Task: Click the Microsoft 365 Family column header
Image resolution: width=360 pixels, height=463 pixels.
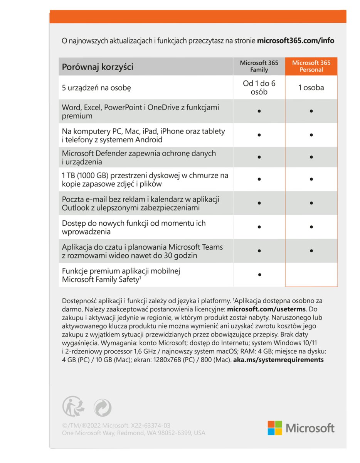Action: click(x=259, y=66)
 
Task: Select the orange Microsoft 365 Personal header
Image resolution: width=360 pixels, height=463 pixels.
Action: click(x=311, y=66)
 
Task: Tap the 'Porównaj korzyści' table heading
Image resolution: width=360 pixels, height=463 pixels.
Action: click(x=98, y=67)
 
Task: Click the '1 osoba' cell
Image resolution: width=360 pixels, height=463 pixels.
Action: click(x=311, y=88)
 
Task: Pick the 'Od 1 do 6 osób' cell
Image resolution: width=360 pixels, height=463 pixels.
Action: click(x=259, y=88)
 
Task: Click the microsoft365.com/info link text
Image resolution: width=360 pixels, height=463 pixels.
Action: click(x=296, y=41)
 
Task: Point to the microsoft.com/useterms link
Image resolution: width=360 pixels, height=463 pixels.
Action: click(x=267, y=309)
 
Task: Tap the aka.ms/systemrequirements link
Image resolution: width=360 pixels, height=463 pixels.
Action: click(x=279, y=360)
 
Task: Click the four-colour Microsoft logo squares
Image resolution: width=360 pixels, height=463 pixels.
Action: click(x=275, y=428)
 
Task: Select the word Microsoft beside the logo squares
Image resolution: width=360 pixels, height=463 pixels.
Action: click(x=310, y=428)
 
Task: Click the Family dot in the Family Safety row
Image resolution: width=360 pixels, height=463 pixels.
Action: click(x=259, y=275)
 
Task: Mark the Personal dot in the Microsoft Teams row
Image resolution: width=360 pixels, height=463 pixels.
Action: click(x=311, y=251)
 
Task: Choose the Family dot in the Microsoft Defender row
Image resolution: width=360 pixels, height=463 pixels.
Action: click(x=259, y=157)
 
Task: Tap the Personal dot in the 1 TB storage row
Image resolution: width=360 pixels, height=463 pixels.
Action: click(x=311, y=179)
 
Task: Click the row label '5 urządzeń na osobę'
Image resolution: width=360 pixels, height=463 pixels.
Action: click(x=96, y=88)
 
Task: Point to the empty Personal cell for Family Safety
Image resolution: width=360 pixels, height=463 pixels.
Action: click(x=311, y=275)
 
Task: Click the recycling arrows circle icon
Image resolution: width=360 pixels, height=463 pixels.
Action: click(x=103, y=407)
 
